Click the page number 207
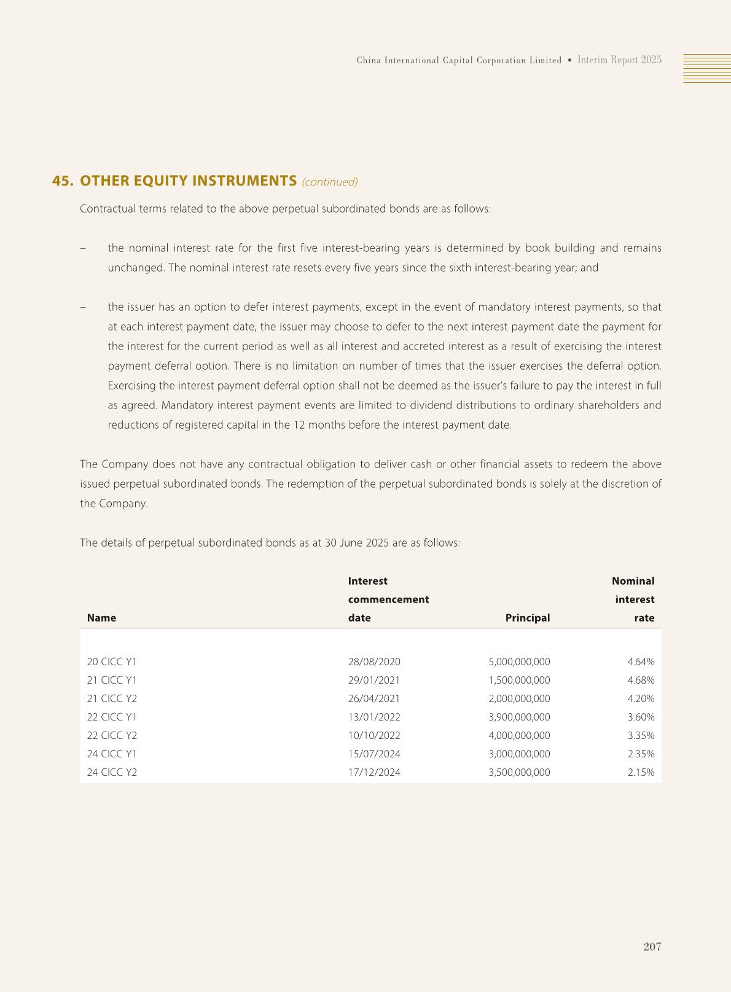pos(652,947)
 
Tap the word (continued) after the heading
pos(330,182)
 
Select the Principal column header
pos(527,618)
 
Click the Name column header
pos(101,618)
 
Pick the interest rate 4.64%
pos(641,662)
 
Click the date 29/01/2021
pos(374,680)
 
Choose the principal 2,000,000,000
pos(519,698)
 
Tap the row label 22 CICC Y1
pos(112,717)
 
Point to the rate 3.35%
pos(641,735)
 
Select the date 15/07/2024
pos(374,754)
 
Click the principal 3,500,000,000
pos(519,772)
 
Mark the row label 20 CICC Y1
pos(112,662)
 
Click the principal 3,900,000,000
pos(519,717)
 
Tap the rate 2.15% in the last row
pos(641,772)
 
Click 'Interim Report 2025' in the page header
pos(619,60)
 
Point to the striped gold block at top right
pos(706,68)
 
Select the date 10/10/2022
pos(374,735)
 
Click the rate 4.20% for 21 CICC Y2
pos(641,698)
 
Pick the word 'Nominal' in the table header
pos(633,581)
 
